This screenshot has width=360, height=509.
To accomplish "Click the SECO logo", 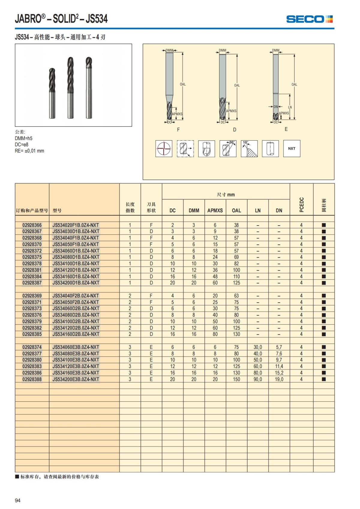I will pyautogui.click(x=309, y=19).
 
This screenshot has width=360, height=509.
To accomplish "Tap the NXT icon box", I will pyautogui.click(x=292, y=148).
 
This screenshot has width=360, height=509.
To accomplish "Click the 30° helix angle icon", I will pyautogui.click(x=228, y=148).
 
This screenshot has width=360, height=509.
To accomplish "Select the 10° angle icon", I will pyautogui.click(x=249, y=148).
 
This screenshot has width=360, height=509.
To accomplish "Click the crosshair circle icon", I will pyautogui.click(x=164, y=148).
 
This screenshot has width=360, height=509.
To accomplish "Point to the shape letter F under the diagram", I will pyautogui.click(x=178, y=130).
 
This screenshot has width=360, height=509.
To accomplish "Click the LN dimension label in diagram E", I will pyautogui.click(x=289, y=107).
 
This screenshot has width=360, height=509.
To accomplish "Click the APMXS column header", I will pyautogui.click(x=215, y=211).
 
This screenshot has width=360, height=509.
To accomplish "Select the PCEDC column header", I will pyautogui.click(x=301, y=205).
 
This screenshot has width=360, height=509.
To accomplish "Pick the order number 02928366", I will pyautogui.click(x=32, y=225).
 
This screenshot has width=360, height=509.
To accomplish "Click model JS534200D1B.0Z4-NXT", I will pyautogui.click(x=76, y=283).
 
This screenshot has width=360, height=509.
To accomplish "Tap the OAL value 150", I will pyautogui.click(x=236, y=379).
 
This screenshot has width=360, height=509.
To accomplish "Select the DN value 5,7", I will pyautogui.click(x=279, y=347).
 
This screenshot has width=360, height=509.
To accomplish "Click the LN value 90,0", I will pyautogui.click(x=258, y=379).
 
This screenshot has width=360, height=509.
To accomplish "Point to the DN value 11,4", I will pyautogui.click(x=279, y=367).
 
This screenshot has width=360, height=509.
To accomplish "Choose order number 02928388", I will pyautogui.click(x=32, y=379).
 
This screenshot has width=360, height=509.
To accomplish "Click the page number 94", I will pyautogui.click(x=18, y=500).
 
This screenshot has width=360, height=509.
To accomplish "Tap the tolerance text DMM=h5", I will pyautogui.click(x=24, y=138).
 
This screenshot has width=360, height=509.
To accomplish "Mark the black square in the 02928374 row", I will pyautogui.click(x=324, y=347).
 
